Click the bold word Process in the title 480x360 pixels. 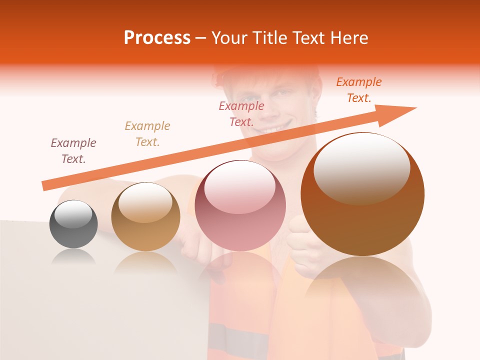tap(157, 38)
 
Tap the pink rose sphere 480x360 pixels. tap(240, 205)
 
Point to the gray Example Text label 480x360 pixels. tap(73, 151)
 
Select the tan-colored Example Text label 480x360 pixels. tap(147, 134)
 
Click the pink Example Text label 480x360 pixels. tap(241, 114)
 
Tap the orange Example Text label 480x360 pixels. tap(359, 90)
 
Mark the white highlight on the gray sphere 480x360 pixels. tap(73, 214)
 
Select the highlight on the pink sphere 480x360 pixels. tap(239, 190)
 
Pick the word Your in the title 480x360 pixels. tap(230, 38)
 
